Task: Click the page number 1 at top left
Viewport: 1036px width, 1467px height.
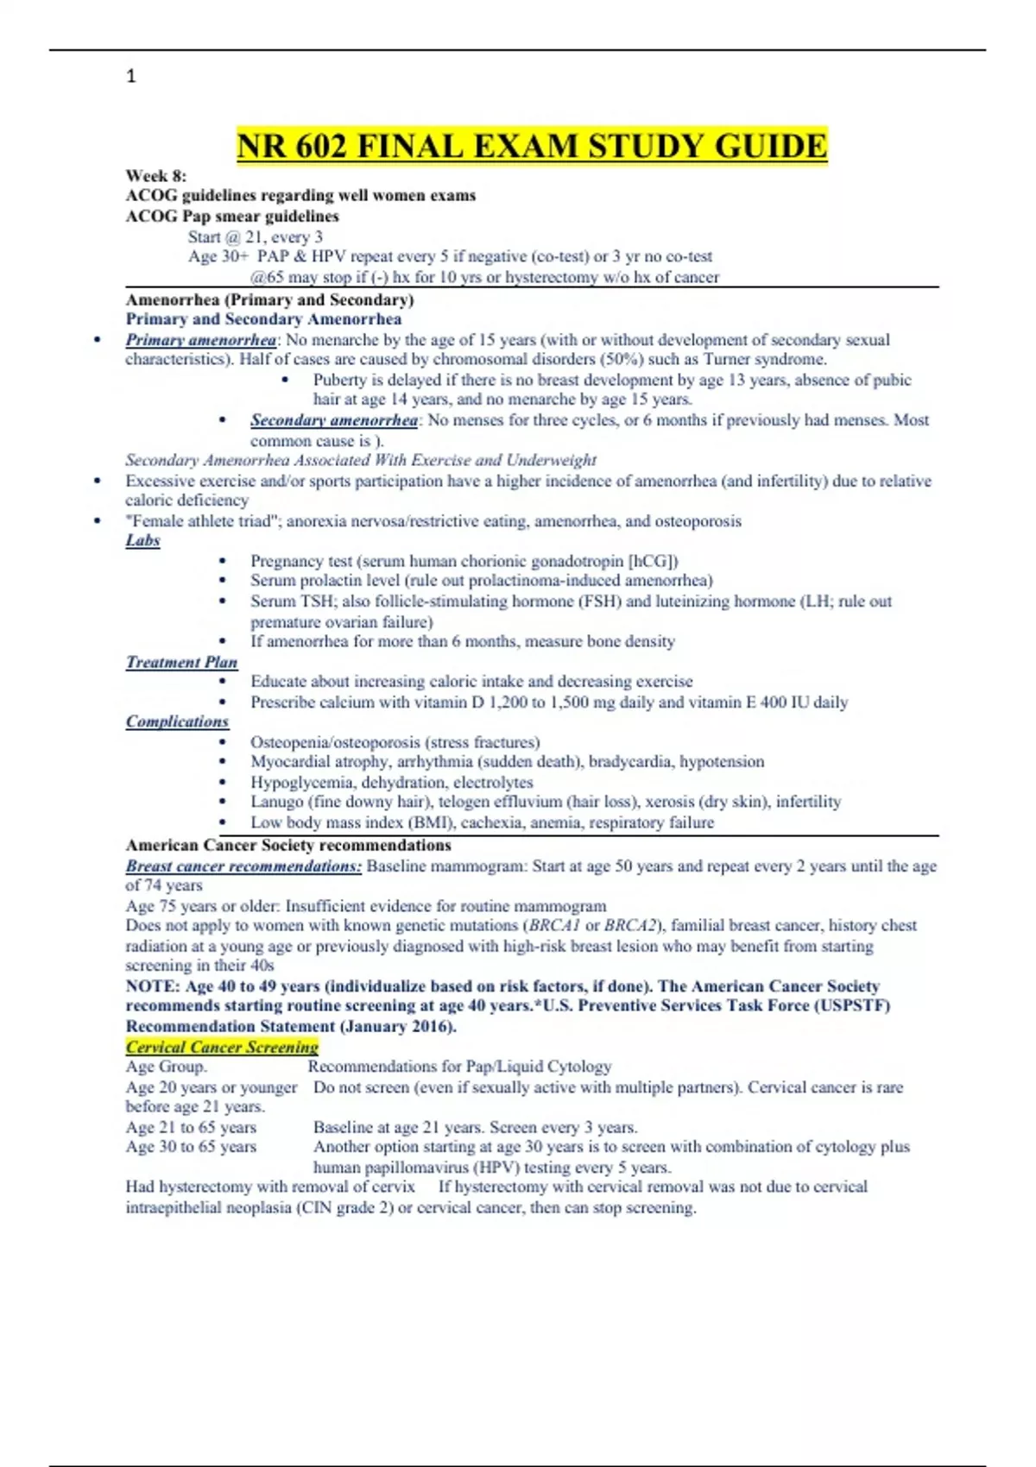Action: tap(131, 77)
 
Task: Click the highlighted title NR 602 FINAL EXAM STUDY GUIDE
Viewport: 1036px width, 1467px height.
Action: tap(532, 146)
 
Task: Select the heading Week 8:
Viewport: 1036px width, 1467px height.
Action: tap(155, 175)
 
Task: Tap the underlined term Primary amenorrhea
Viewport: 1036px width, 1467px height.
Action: tap(201, 340)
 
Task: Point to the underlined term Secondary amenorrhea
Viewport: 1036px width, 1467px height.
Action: tap(334, 420)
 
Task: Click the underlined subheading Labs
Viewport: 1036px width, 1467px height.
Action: tap(142, 540)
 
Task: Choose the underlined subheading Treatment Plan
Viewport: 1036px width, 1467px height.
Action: tap(181, 662)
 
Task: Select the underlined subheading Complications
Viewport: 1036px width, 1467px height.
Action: tap(177, 721)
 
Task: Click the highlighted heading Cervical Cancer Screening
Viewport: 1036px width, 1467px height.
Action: tap(222, 1047)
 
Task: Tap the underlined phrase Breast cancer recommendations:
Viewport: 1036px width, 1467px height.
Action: tap(243, 866)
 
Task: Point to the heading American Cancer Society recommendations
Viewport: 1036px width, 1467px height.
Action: tap(288, 845)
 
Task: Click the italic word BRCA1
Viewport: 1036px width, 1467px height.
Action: tap(554, 925)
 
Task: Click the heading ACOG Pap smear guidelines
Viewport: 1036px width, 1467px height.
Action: tap(232, 216)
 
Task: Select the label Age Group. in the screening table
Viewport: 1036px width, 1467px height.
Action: tap(166, 1067)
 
